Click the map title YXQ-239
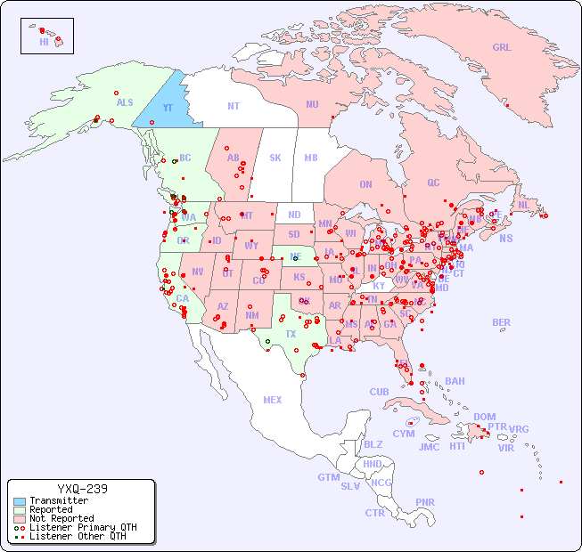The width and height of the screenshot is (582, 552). coord(82,489)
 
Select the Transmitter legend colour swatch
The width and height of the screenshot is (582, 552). coord(20,501)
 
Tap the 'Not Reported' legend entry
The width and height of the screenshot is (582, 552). coord(61,518)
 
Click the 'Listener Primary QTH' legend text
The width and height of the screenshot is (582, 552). coord(82,527)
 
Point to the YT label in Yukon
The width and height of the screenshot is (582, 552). coord(168,108)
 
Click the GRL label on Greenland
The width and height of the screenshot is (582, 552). coord(502,48)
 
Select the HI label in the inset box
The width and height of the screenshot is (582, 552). coord(44,42)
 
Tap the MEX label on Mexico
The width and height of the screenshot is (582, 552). coord(273,400)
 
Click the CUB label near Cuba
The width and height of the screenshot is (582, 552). coord(379,392)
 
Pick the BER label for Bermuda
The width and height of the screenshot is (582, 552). coord(501,322)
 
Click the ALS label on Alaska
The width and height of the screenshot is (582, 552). coord(125,103)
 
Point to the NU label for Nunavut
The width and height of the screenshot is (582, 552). coord(312,104)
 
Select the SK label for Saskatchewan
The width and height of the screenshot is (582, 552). coord(275,158)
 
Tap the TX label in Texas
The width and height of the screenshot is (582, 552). coord(291,334)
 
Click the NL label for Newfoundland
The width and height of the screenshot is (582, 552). coord(523,204)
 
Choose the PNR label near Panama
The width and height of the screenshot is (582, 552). coord(425,502)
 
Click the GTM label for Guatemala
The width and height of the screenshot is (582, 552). coord(328,477)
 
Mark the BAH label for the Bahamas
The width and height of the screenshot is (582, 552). coord(455,381)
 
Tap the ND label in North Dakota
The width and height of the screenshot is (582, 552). coord(294,215)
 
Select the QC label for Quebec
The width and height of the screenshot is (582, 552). coord(433,183)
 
